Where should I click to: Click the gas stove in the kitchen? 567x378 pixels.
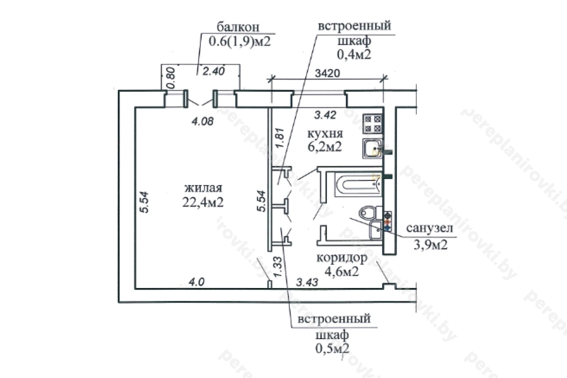click(373, 124)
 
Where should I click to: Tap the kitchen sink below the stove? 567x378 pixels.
click(373, 148)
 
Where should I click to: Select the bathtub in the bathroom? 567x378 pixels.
click(358, 184)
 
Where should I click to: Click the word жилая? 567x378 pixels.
click(203, 188)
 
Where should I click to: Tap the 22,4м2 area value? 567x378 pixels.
click(203, 202)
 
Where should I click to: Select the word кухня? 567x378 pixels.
click(325, 133)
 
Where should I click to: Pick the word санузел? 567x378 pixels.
click(430, 228)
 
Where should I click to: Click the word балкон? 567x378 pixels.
click(238, 27)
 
